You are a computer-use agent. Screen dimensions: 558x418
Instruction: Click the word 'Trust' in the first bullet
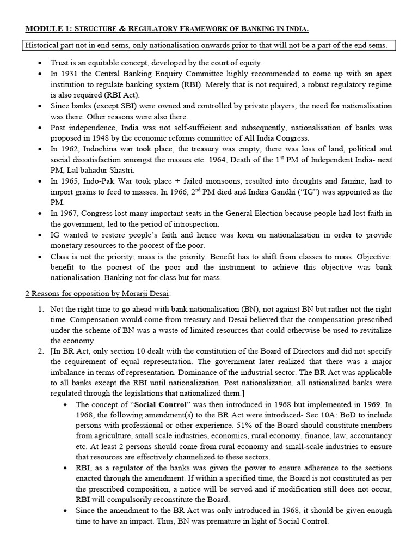point(60,63)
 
